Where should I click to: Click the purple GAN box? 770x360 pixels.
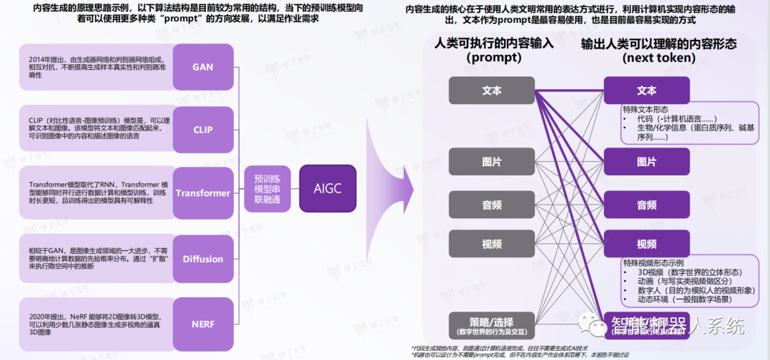[x=202, y=67]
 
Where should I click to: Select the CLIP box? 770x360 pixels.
[x=202, y=130]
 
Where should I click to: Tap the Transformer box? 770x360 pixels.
[x=202, y=192]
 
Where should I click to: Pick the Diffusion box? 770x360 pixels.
[x=202, y=259]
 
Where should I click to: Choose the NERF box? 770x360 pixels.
[x=202, y=323]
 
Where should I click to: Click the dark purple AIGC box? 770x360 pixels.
[x=327, y=188]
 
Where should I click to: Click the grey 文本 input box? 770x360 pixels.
[x=491, y=91]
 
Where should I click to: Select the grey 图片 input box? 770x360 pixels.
[x=491, y=162]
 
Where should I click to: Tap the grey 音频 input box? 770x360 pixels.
[x=491, y=205]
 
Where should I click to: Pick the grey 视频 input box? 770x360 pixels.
[x=491, y=244]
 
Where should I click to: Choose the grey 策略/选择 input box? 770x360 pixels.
[x=491, y=325]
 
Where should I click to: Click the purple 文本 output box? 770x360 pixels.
[x=646, y=91]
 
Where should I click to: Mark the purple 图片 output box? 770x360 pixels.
[x=646, y=162]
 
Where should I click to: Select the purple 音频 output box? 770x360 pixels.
[x=646, y=205]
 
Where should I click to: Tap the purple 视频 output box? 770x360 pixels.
[x=646, y=244]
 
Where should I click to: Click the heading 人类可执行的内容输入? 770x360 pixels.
[x=494, y=43]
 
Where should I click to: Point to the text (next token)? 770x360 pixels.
[x=659, y=58]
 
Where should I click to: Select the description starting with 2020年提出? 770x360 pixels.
[x=96, y=323]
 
